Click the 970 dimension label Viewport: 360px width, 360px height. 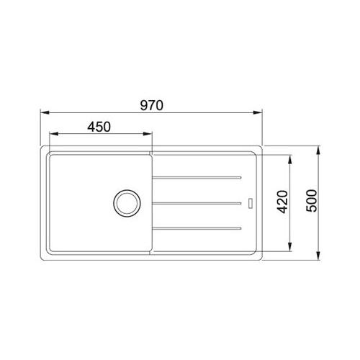[x=152, y=105]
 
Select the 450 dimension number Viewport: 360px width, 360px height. [x=99, y=127]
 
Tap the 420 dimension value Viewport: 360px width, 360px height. [x=282, y=202]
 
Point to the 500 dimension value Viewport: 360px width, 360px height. [x=312, y=201]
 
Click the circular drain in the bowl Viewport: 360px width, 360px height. [x=127, y=203]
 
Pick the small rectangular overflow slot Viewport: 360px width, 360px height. [x=251, y=203]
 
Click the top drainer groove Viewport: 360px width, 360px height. [x=197, y=178]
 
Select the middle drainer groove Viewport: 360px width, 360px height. [x=197, y=203]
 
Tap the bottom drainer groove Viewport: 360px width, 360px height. [x=197, y=228]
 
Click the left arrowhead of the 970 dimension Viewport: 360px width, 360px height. [x=45, y=112]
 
